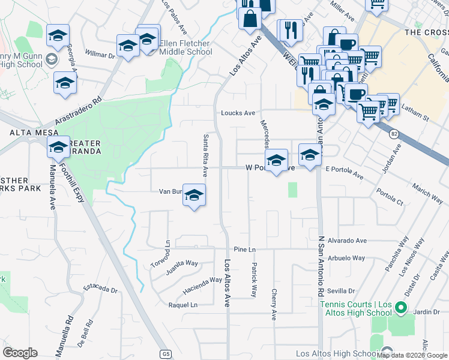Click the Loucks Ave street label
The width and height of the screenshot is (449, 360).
click(238, 112)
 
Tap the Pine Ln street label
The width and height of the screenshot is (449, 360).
click(245, 249)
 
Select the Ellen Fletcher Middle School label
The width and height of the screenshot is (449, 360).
click(185, 47)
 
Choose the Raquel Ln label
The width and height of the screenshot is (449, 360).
click(183, 305)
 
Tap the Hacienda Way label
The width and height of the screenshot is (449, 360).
click(202, 283)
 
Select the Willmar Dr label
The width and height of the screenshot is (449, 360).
click(100, 55)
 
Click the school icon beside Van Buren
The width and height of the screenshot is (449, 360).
click(194, 195)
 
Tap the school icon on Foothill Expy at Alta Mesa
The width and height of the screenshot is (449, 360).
click(59, 146)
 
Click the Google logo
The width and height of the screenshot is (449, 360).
click(20, 353)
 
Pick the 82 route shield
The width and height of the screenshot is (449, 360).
click(394, 133)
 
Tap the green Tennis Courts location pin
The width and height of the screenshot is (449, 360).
click(401, 310)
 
